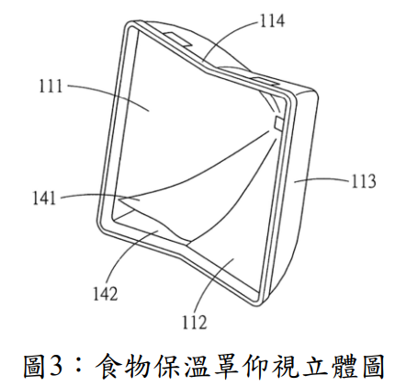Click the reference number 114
coord(272,21)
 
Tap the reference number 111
coord(51,85)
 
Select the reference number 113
coord(363,181)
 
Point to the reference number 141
coord(44,198)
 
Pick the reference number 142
coord(106,293)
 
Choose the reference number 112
coord(195,322)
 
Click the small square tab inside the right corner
coord(279,123)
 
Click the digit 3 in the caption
coord(57,365)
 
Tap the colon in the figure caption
coord(79,366)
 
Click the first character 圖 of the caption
coord(34,366)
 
